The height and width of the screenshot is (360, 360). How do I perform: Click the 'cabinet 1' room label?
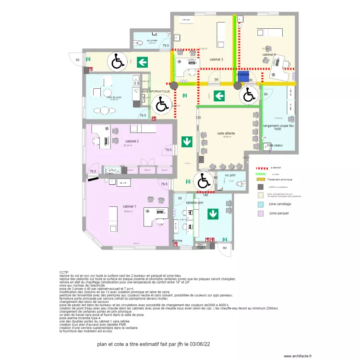coord(130,206)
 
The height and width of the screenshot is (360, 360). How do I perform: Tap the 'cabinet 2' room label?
coord(132,142)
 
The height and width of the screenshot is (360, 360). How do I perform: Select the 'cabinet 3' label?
coord(216,60)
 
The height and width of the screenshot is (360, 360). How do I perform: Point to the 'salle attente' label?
coord(227,133)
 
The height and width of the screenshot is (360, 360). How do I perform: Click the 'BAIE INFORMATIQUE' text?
coord(156,91)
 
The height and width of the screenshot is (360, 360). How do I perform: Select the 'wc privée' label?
coord(152,41)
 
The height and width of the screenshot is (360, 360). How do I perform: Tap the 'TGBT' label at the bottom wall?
coord(201,247)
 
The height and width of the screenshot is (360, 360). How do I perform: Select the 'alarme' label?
coord(177,240)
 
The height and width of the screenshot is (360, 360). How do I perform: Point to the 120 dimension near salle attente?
coord(197,118)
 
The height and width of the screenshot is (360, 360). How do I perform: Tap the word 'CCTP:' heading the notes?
coord(64,272)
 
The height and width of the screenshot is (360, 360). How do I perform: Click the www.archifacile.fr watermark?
coord(297,356)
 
